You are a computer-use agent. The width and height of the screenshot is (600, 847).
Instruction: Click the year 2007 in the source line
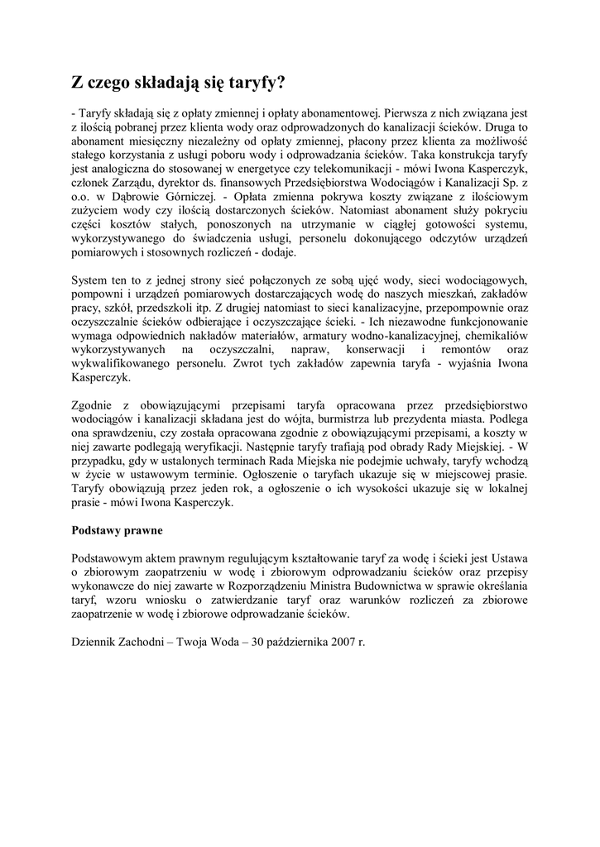click(339, 642)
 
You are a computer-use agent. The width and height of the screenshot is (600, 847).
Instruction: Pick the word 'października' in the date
click(290, 642)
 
